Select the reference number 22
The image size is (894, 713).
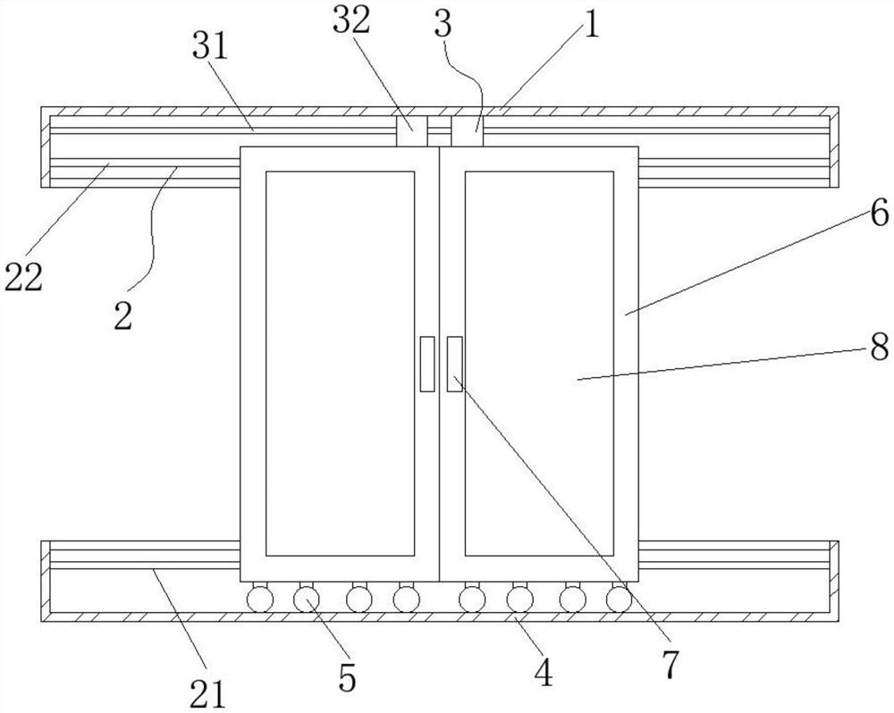24,278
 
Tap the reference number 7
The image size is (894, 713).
670,663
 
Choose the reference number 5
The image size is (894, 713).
347,677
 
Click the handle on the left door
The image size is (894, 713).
427,364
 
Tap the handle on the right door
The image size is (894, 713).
454,364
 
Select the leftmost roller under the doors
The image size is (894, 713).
259,598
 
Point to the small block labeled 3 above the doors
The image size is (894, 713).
466,130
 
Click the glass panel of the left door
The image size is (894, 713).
341,362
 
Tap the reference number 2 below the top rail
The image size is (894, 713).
123,316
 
